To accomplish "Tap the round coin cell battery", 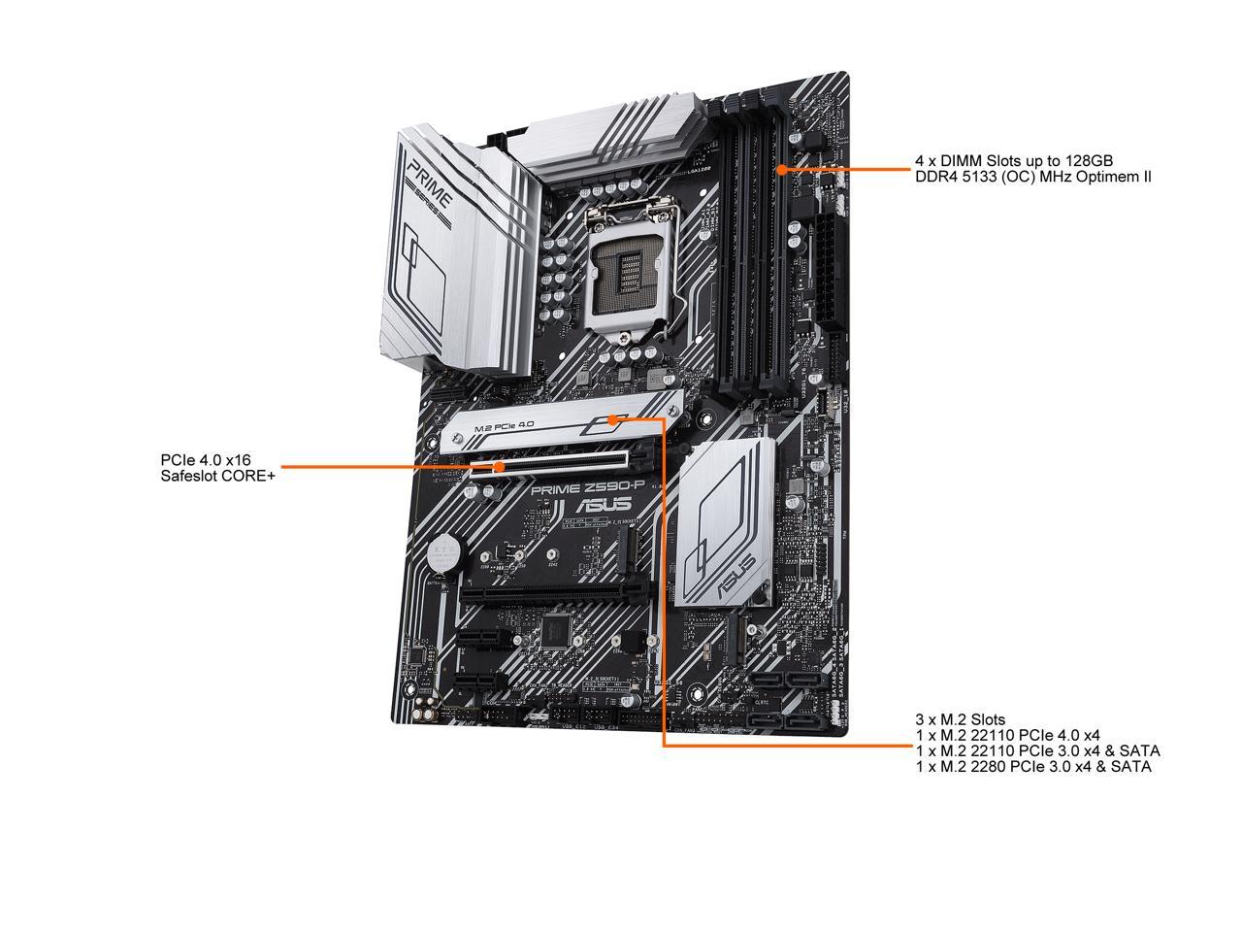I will pos(445,552).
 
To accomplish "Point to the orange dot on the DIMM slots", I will pos(782,169).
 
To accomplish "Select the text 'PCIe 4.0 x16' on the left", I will pos(206,459).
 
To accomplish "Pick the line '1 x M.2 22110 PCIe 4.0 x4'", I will pos(1007,735).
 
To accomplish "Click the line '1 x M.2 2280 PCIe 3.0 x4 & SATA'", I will pos(1033,767).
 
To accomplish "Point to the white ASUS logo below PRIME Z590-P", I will pos(604,505).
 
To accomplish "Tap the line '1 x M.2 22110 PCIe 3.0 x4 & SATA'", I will pos(1037,750).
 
